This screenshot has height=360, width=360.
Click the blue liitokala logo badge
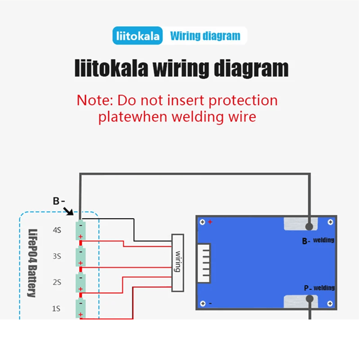click(x=137, y=35)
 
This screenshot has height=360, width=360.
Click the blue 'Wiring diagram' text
click(x=205, y=36)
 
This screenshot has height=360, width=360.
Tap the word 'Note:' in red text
click(x=95, y=101)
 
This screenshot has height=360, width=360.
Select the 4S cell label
click(x=57, y=230)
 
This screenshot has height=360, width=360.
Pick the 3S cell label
click(x=57, y=256)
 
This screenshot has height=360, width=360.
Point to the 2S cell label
click(x=57, y=282)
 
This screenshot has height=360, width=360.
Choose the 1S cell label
click(x=56, y=309)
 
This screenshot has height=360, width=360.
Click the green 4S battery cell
click(x=80, y=230)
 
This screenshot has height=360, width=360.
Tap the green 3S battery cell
click(x=80, y=256)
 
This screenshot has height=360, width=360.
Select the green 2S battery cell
click(x=80, y=282)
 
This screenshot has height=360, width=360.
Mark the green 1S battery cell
click(x=80, y=308)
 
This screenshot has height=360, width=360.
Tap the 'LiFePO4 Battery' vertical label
click(x=33, y=263)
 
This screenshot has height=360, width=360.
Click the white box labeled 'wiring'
click(x=178, y=263)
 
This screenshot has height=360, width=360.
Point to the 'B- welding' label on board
click(x=318, y=241)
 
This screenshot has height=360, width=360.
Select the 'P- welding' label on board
click(x=319, y=288)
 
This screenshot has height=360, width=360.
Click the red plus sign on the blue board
click(x=210, y=222)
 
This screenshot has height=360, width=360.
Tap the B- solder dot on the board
click(x=309, y=227)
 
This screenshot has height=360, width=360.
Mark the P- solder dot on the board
click(x=310, y=299)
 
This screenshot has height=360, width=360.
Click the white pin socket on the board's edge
click(x=204, y=263)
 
